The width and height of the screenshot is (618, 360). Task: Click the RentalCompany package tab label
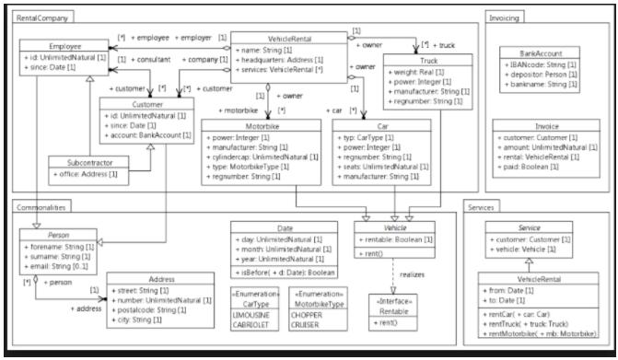tap(42, 17)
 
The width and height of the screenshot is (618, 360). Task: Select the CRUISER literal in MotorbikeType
tap(304, 324)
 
